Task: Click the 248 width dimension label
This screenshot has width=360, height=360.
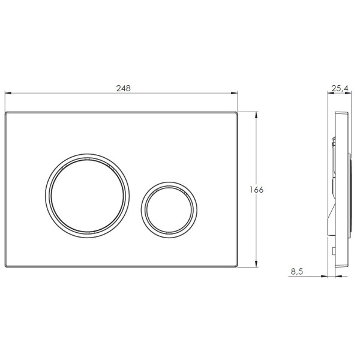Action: [123, 88]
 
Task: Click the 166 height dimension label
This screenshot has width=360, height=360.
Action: [256, 190]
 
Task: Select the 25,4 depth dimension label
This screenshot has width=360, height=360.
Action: [340, 88]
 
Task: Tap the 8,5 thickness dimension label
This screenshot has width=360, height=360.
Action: [297, 271]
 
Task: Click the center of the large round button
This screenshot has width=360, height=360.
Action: [87, 196]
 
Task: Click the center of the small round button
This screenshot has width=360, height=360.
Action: [169, 210]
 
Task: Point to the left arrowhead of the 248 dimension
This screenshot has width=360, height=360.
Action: [8, 93]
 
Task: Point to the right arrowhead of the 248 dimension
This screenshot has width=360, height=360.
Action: [234, 93]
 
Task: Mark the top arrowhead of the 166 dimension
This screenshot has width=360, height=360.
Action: [256, 115]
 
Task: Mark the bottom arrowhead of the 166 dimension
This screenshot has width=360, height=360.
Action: [256, 264]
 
